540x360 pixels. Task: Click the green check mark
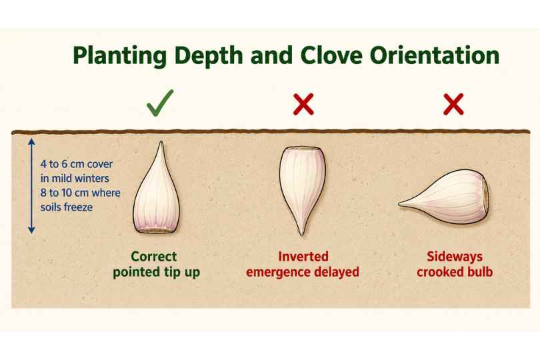[160, 103]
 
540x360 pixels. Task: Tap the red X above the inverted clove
[303, 104]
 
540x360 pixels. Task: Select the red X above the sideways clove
[453, 104]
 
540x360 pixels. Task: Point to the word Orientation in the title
[435, 55]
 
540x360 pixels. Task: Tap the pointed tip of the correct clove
[161, 141]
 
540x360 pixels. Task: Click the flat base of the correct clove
[157, 231]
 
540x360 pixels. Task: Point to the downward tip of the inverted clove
[302, 234]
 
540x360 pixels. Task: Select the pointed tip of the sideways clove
[400, 204]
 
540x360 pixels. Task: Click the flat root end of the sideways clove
[485, 197]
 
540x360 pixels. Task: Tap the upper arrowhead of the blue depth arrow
[31, 141]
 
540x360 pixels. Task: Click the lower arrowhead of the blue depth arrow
[31, 230]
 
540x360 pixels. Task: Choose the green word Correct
[154, 257]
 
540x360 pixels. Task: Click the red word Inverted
[303, 257]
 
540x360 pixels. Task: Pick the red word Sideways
[455, 257]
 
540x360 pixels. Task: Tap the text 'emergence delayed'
[303, 272]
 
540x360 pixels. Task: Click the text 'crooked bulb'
[455, 272]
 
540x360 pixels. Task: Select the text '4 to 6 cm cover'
[77, 164]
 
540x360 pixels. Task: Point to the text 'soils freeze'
[67, 207]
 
